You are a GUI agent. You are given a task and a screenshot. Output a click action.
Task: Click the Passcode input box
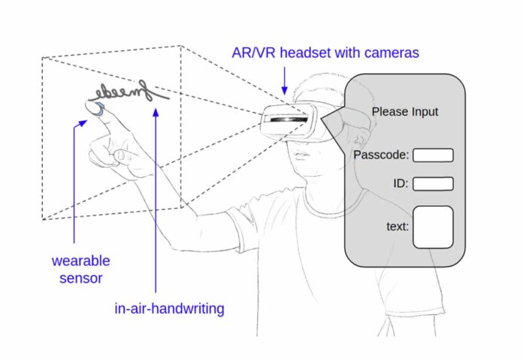(x=434, y=156)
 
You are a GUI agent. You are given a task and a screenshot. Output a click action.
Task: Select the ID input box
(x=434, y=183)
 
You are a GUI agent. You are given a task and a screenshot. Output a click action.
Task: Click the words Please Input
(x=405, y=112)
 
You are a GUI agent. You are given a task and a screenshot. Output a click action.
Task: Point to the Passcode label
(x=381, y=156)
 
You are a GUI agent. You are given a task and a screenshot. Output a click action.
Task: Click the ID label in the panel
(x=400, y=183)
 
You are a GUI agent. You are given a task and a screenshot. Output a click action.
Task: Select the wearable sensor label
(x=80, y=270)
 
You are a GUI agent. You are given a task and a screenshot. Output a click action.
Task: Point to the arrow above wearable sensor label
(x=75, y=180)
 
